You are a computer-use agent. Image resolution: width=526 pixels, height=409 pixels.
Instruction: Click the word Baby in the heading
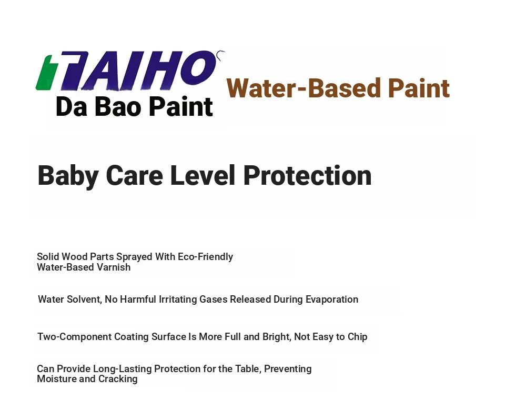pos(68,176)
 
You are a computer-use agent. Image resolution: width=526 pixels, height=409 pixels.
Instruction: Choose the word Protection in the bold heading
pos(307,176)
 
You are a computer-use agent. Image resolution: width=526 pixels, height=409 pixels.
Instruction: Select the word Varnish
pos(114,267)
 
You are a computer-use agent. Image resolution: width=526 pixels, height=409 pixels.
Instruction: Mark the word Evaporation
pos(332,299)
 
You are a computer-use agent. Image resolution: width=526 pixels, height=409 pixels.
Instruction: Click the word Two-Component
pos(75,337)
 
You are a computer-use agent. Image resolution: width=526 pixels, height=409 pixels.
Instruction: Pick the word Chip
pos(357,337)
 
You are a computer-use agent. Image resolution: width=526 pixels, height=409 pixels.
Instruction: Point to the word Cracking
pos(118,379)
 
